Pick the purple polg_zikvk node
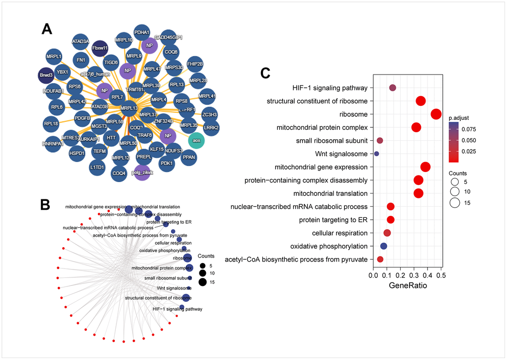142,173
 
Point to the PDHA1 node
142,32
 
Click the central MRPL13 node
129,107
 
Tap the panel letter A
47,29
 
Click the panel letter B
45,204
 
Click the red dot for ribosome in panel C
436,114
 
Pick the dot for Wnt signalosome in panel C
376,154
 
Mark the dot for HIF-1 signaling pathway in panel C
393,88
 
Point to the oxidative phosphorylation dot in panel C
384,246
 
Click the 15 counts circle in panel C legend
455,202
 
